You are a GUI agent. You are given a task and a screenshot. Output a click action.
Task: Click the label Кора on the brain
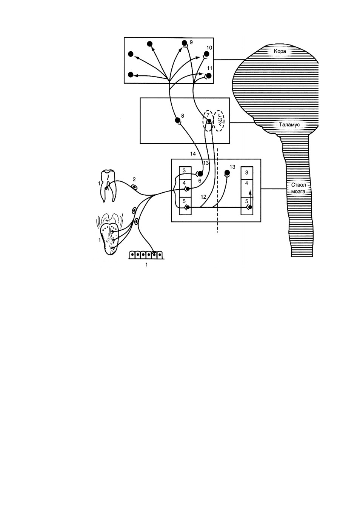point(280,51)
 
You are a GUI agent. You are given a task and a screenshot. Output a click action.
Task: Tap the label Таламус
point(289,125)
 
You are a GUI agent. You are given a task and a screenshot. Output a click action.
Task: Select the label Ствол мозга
point(298,188)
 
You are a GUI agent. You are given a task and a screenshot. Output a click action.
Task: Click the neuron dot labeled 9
point(185,43)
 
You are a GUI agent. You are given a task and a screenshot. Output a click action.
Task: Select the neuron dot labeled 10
point(207,54)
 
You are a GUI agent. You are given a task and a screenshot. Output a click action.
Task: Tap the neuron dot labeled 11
point(209,75)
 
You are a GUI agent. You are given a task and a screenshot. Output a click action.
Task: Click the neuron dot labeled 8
point(177,120)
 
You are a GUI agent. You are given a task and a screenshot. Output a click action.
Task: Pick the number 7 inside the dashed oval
point(208,115)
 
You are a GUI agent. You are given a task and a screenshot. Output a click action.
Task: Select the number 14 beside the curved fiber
point(193,154)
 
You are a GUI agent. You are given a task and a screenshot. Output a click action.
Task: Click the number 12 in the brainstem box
point(203,197)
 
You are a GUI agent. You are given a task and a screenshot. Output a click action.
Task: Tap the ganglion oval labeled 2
point(135,187)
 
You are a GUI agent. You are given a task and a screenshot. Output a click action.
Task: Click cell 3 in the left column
point(185,173)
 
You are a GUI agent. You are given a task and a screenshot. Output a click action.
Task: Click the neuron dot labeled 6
point(200,174)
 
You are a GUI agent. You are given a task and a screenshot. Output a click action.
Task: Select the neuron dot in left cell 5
point(188,207)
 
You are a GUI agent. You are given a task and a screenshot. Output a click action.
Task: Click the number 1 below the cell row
point(147,265)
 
